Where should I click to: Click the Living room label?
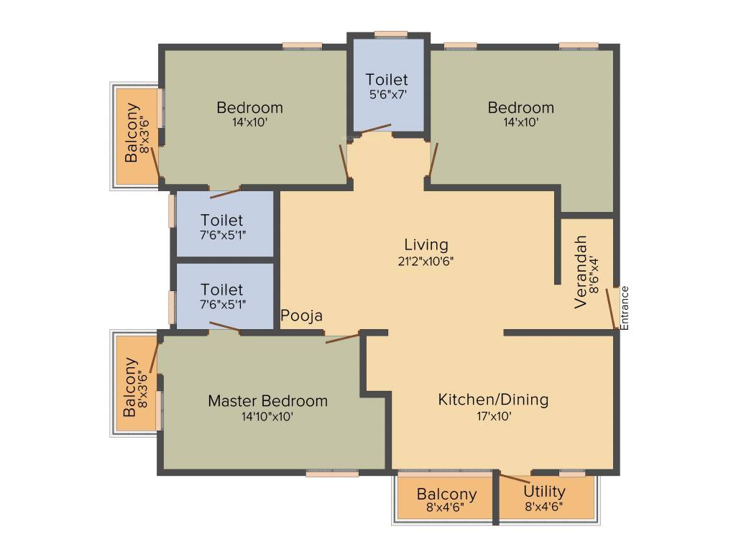point(425,244)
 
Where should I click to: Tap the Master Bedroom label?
point(267,400)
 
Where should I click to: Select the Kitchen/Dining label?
point(493,399)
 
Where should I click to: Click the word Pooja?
point(301,316)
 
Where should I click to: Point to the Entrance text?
point(625,308)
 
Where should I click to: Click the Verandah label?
point(581,272)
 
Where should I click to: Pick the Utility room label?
point(544,492)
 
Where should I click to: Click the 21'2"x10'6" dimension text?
point(425,261)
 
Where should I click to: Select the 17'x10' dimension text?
point(493,415)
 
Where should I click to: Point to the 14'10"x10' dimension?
point(267,416)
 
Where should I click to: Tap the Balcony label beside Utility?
point(446,494)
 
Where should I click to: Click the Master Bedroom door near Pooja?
point(342,337)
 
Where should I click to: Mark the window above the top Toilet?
point(391,33)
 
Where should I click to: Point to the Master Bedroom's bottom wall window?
point(332,474)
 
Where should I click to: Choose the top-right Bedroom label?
point(521,108)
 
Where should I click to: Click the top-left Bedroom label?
point(249,108)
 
